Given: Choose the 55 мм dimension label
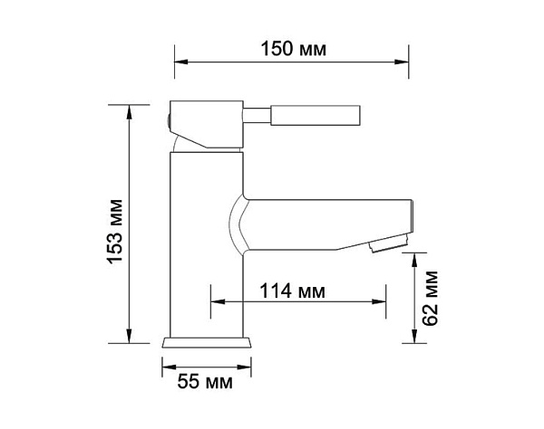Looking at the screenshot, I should [x=206, y=382].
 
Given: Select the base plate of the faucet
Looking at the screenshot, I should [x=207, y=343].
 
